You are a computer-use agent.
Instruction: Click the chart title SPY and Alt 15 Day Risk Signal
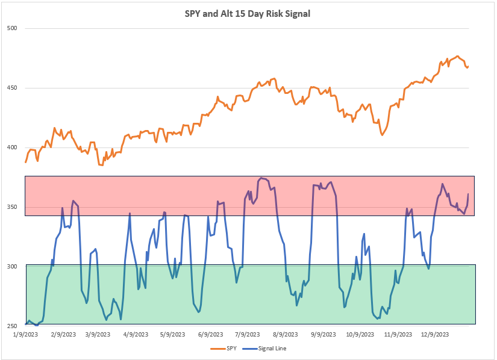pos(248,13)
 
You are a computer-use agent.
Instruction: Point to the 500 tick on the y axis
pos(13,28)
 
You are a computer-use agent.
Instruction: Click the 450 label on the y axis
pos(13,88)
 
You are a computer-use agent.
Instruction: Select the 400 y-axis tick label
pos(13,147)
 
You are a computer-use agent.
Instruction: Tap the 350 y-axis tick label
pos(13,207)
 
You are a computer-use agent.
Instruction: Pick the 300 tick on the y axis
pos(13,266)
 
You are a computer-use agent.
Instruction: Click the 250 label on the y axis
pos(13,326)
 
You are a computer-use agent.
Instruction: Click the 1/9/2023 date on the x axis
pos(25,334)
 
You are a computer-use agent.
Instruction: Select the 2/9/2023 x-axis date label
pos(63,334)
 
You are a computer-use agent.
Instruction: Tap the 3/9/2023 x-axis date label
pos(98,334)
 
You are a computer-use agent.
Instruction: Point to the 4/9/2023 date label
pos(135,334)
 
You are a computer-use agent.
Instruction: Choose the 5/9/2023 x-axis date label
pos(172,334)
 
